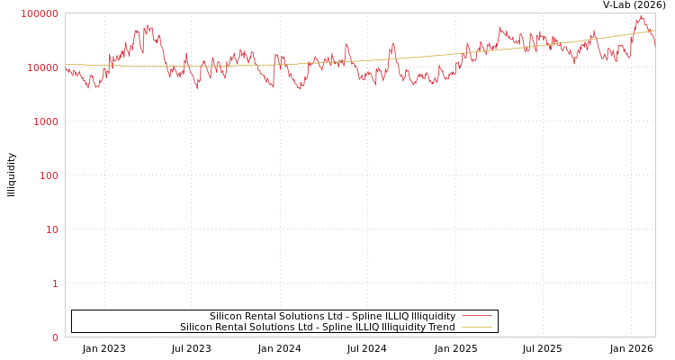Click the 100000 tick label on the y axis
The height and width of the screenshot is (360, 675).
pyautogui.click(x=40, y=13)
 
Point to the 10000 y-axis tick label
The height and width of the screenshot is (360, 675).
pyautogui.click(x=43, y=67)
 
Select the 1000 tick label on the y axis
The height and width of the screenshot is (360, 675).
pyautogui.click(x=46, y=121)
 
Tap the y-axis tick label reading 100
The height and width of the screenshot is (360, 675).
pyautogui.click(x=49, y=175)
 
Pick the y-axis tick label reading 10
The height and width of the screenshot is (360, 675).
pyautogui.click(x=52, y=229)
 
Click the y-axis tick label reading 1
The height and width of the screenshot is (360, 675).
pyautogui.click(x=55, y=283)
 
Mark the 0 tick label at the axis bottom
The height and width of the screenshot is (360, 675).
pyautogui.click(x=55, y=337)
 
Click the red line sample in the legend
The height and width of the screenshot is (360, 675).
pyautogui.click(x=476, y=316)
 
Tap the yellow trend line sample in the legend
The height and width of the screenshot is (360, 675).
pyautogui.click(x=476, y=327)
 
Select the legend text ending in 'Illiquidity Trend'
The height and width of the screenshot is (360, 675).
pyautogui.click(x=317, y=327)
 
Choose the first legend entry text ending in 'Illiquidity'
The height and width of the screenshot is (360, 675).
pyautogui.click(x=332, y=316)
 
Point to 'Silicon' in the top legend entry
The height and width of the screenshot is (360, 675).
pyautogui.click(x=226, y=316)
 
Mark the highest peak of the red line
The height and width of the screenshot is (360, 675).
pyautogui.click(x=641, y=15)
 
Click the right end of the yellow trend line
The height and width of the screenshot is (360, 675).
pyautogui.click(x=654, y=31)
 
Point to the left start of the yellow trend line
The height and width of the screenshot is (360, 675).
pyautogui.click(x=66, y=64)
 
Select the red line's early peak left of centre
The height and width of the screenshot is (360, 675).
pyautogui.click(x=148, y=26)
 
